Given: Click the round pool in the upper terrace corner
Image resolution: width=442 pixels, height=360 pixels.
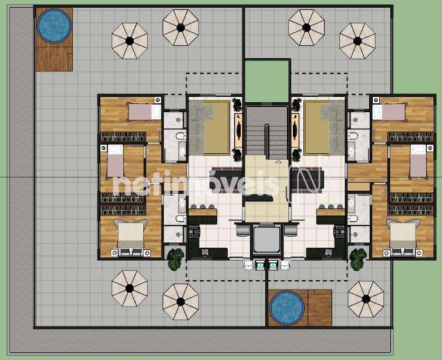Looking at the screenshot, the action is (x=54, y=26).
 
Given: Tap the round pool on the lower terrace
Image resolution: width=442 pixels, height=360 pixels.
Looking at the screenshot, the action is (x=287, y=308).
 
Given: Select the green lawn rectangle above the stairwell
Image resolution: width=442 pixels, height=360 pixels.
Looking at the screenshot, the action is (x=267, y=81).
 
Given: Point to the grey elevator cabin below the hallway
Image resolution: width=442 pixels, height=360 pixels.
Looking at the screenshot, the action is (x=266, y=240).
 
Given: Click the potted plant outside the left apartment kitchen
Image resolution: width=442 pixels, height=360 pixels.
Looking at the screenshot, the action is (x=175, y=259).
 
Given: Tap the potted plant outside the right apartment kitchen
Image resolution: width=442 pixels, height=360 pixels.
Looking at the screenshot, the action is (x=358, y=259).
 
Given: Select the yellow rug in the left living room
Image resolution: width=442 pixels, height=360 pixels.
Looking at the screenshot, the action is (x=216, y=127).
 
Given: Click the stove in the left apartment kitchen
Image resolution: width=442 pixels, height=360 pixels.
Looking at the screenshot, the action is (x=194, y=231).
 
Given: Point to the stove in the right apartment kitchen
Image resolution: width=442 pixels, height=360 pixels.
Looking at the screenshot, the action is (x=339, y=231).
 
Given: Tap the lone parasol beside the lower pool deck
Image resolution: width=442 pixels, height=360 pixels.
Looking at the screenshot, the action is (x=366, y=299).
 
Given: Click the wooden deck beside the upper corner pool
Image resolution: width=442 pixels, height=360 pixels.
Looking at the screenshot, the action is (x=54, y=59).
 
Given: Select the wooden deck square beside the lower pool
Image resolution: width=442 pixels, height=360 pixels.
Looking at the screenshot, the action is (x=320, y=308).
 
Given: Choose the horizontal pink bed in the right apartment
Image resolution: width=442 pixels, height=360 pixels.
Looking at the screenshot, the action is (x=390, y=112).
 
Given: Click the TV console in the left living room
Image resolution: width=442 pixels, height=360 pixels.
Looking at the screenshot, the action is (x=238, y=128).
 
